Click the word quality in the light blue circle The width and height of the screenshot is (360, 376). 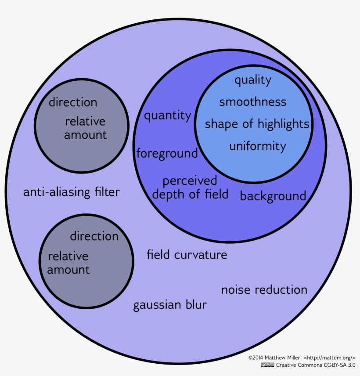pyautogui.click(x=252, y=80)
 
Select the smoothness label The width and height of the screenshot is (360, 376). pyautogui.click(x=252, y=102)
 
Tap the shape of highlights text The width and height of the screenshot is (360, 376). pyautogui.click(x=257, y=124)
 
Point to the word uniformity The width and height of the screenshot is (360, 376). pyautogui.click(x=257, y=146)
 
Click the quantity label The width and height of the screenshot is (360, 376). pyautogui.click(x=168, y=116)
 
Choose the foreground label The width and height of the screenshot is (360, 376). pyautogui.click(x=167, y=153)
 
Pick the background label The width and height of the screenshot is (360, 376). pyautogui.click(x=273, y=196)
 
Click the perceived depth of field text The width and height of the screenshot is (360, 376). pyautogui.click(x=190, y=188)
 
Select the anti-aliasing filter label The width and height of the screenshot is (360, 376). pyautogui.click(x=71, y=192)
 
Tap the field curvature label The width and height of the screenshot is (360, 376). pyautogui.click(x=187, y=254)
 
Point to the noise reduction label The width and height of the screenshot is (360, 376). pyautogui.click(x=264, y=290)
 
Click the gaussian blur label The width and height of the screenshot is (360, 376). pyautogui.click(x=170, y=305)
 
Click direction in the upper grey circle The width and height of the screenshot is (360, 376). pyautogui.click(x=73, y=102)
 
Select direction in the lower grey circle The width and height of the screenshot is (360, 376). pyautogui.click(x=94, y=236)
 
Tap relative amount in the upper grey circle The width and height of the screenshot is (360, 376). pyautogui.click(x=85, y=128)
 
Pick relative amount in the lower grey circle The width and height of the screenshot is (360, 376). pyautogui.click(x=68, y=263)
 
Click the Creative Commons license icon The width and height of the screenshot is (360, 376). pyautogui.click(x=267, y=365)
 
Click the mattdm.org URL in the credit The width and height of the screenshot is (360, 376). pyautogui.click(x=330, y=358)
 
